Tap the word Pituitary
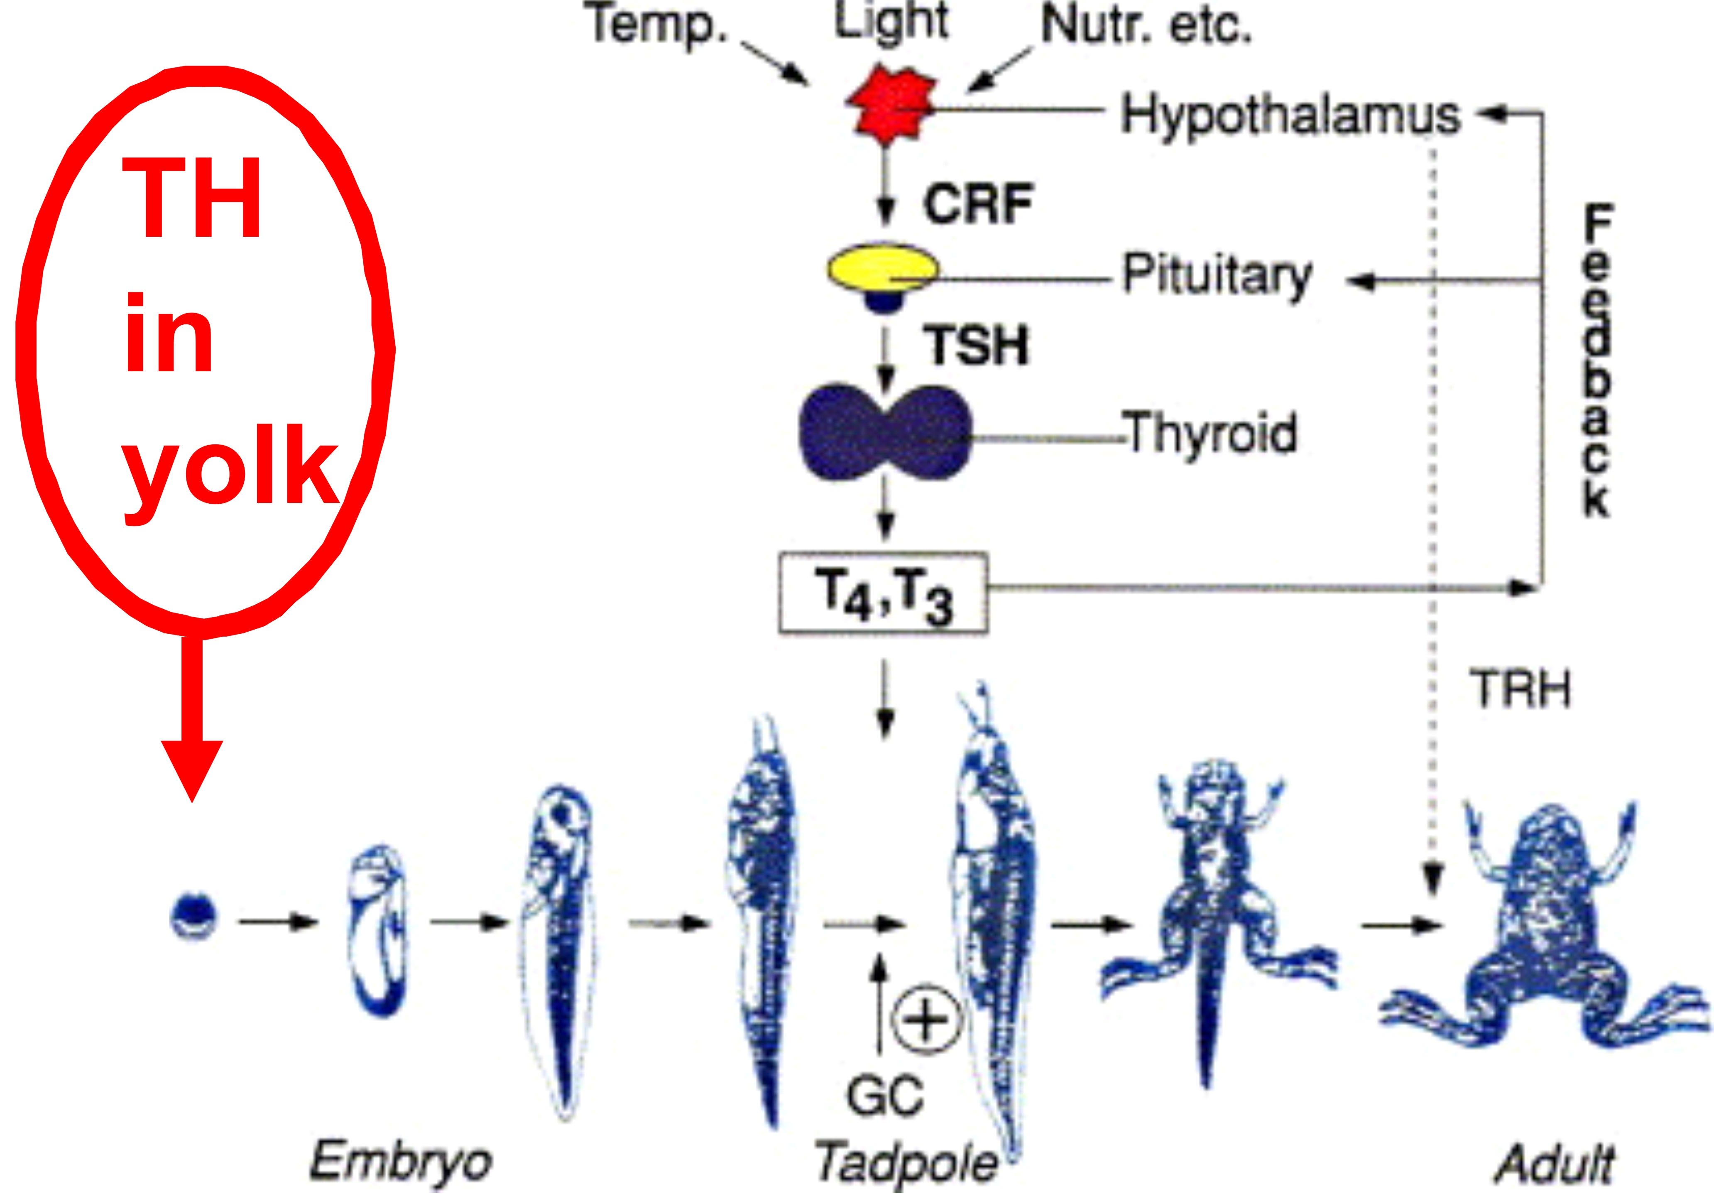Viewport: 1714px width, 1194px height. click(x=1217, y=276)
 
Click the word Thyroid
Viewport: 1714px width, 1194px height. click(x=1211, y=433)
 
